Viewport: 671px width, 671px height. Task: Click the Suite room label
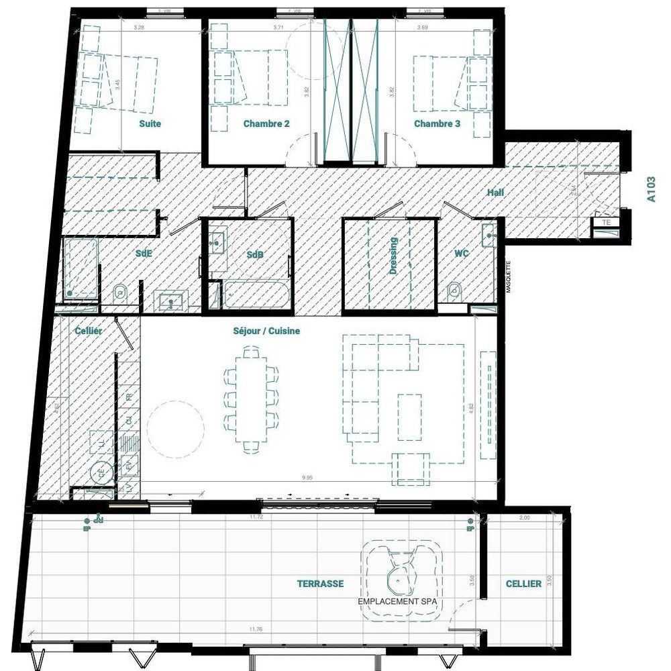(150, 123)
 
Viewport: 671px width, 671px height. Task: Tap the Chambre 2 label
(266, 123)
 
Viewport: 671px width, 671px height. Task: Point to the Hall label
(495, 193)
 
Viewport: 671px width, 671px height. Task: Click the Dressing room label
(394, 256)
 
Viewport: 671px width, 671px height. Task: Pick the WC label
(461, 254)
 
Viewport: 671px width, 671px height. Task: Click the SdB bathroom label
(254, 254)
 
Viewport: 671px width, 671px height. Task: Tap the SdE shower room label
(144, 254)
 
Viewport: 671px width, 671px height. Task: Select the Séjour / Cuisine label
(266, 331)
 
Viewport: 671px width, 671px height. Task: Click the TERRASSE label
(320, 584)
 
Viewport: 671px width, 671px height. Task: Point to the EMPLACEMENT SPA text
(400, 602)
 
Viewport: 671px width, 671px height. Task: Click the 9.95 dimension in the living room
(307, 478)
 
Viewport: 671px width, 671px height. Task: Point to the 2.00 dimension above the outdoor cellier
(524, 518)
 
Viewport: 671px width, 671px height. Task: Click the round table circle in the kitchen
(175, 427)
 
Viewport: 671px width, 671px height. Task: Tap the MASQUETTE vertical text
(509, 276)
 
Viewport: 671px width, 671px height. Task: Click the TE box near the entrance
(607, 221)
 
